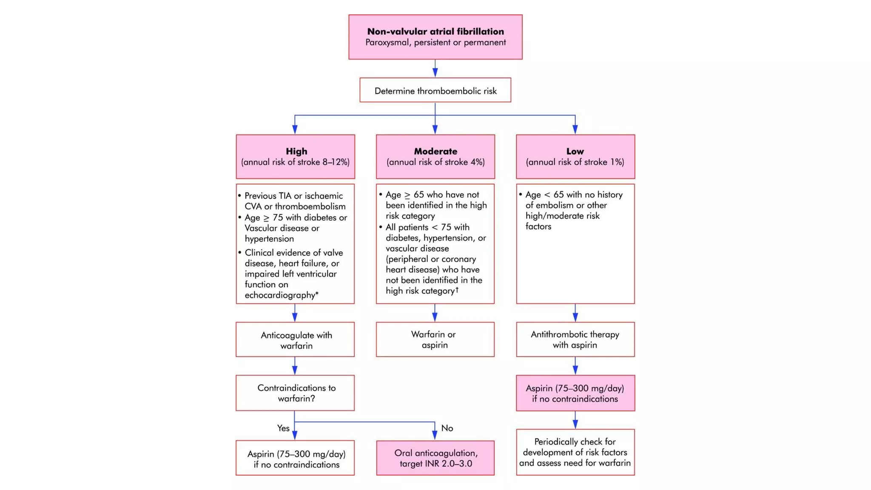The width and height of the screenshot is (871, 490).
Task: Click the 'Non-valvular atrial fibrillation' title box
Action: [435, 37]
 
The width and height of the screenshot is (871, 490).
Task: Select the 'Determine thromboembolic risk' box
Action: [435, 90]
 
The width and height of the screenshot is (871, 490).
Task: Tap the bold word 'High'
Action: [296, 151]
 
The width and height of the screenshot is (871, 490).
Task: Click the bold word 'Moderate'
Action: [435, 151]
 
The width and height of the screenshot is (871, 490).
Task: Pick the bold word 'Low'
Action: [575, 151]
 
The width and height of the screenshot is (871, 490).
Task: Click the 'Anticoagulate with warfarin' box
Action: [296, 340]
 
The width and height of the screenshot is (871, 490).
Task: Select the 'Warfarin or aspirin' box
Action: [435, 339]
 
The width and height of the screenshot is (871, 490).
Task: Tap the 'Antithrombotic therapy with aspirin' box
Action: [575, 339]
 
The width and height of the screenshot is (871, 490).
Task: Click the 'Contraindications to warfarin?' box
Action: [296, 393]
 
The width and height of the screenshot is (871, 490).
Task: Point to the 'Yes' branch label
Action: [283, 428]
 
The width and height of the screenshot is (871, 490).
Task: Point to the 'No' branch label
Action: [447, 428]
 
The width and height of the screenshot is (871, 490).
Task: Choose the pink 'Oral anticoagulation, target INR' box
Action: [435, 458]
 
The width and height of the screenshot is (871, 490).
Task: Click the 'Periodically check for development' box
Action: [575, 452]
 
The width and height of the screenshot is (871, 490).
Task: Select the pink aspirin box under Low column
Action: [575, 393]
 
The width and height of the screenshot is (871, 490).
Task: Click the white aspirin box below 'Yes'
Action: [296, 459]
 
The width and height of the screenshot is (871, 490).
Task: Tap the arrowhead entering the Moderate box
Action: [435, 129]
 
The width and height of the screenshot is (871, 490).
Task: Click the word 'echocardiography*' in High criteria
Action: [281, 295]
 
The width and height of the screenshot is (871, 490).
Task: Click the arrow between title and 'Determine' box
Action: [435, 68]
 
